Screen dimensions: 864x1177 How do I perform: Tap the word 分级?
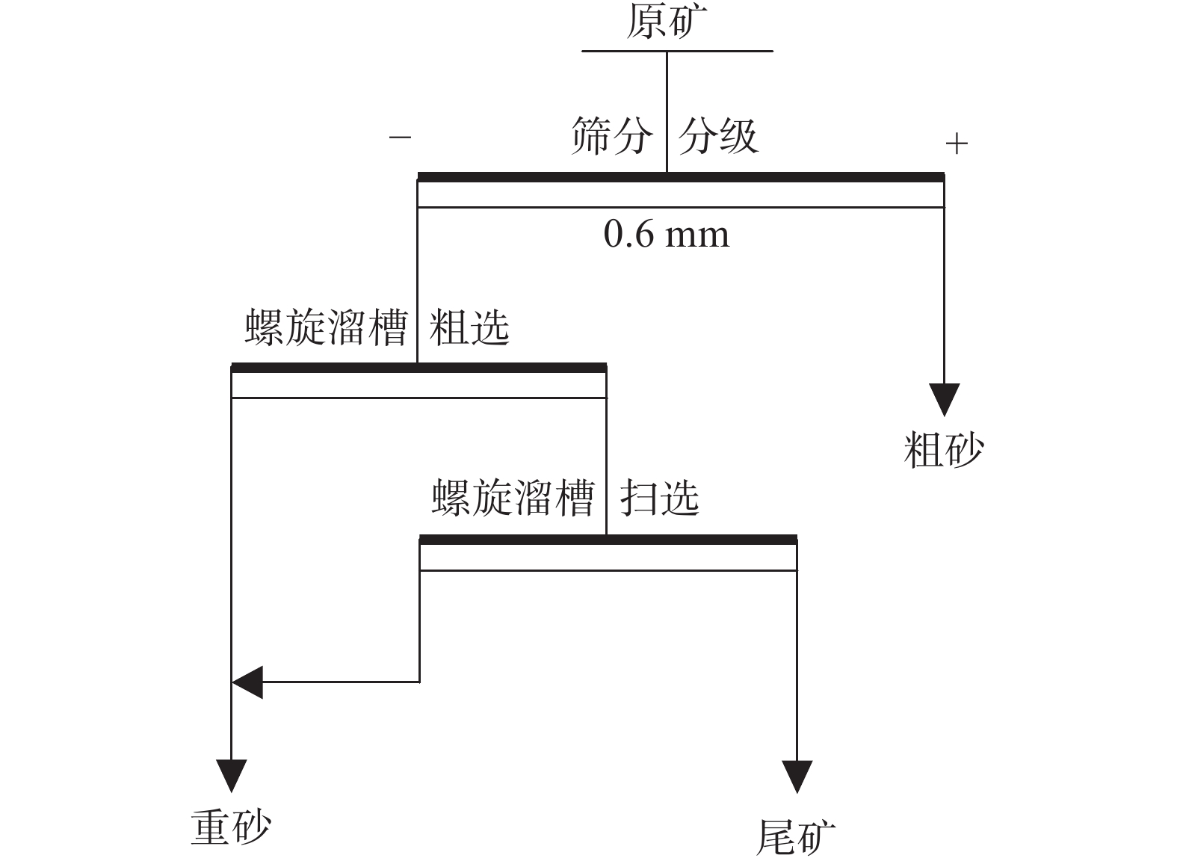pos(717,136)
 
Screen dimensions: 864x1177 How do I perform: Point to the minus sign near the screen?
pos(400,138)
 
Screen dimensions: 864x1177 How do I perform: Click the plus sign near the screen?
pos(957,143)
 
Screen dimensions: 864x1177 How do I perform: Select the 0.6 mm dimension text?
pos(666,235)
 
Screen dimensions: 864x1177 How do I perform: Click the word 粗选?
pos(469,327)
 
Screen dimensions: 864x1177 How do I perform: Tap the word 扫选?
pos(659,497)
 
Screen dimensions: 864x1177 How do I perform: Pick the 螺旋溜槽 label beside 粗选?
pos(326,327)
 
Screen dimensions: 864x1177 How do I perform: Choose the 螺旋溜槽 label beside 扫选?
pos(513,497)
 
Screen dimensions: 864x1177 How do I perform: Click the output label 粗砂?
pos(943,450)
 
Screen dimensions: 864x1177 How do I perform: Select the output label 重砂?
pos(230,827)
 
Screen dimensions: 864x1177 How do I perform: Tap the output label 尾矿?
pos(795,836)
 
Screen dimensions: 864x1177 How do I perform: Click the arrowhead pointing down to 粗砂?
pos(944,398)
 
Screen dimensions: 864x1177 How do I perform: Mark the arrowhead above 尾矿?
pos(797,776)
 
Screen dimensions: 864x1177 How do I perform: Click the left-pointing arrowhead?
pos(248,682)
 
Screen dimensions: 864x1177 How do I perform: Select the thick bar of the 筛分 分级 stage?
pos(680,177)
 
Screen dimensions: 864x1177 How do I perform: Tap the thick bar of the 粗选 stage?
pos(418,368)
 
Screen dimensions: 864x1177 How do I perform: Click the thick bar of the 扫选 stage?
pos(608,540)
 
